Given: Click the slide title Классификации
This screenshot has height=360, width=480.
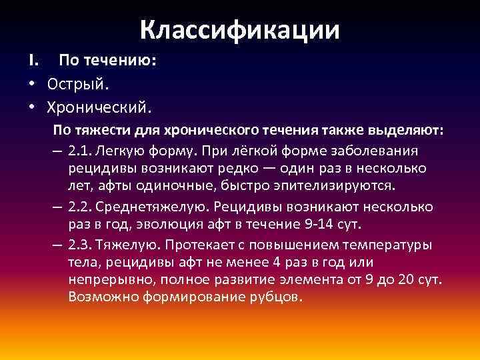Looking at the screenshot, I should pos(240,29).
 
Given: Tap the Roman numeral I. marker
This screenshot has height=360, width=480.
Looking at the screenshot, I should pos(33,61).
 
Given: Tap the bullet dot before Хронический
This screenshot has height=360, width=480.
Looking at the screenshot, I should pos(31,105).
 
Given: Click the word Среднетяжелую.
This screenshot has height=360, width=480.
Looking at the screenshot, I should pos(148,207).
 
